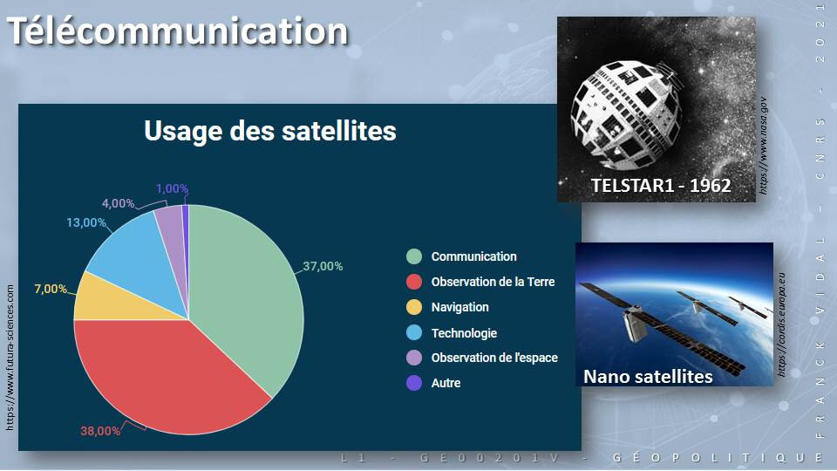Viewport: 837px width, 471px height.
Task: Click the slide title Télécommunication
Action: tap(178, 31)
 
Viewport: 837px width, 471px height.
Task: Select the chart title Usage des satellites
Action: tap(270, 130)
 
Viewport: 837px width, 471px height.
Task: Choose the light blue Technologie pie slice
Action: tap(139, 251)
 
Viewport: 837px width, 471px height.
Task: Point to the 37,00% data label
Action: tap(323, 266)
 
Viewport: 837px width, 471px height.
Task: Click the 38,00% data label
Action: tap(100, 430)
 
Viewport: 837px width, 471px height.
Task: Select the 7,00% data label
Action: tap(51, 289)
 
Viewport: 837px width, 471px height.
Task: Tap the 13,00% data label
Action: tap(86, 222)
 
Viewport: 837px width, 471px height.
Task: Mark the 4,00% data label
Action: tap(118, 203)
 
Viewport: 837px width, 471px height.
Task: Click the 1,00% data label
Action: tap(172, 188)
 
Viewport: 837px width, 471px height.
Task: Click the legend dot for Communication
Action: tap(414, 256)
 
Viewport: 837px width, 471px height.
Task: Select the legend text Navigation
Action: tap(460, 307)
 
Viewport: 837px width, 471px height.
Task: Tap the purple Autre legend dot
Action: tap(414, 383)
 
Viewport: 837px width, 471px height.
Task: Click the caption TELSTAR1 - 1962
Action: tap(661, 185)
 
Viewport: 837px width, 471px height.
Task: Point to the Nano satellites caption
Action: tap(648, 377)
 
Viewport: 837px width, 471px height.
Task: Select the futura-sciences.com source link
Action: tap(10, 358)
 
